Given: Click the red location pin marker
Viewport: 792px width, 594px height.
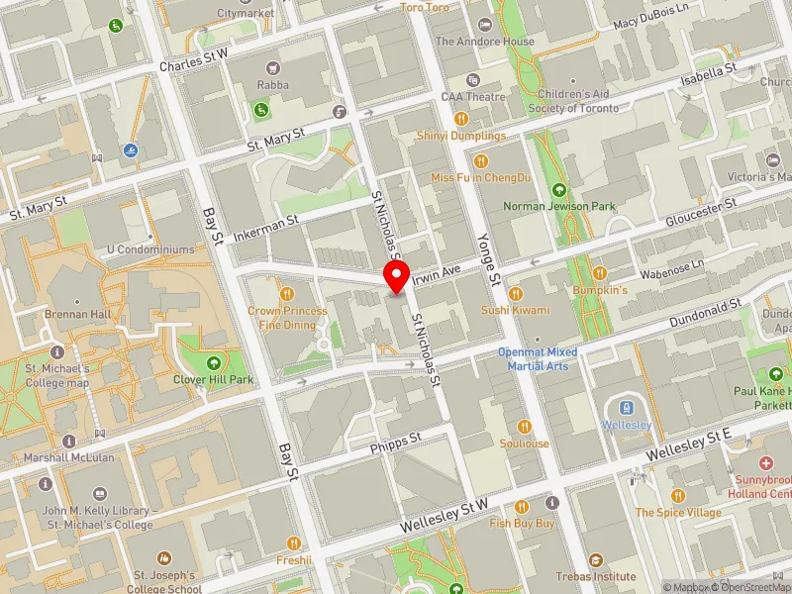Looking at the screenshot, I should tap(396, 277).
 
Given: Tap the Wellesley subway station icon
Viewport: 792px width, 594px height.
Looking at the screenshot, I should tap(625, 407).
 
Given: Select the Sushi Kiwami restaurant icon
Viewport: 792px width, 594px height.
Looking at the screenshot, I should tap(515, 293).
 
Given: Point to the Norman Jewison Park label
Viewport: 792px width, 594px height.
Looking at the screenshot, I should tap(559, 206).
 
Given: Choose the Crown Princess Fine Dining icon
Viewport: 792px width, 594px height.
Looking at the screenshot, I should tap(287, 293).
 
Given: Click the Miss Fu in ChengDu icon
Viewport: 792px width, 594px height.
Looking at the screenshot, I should tap(481, 160).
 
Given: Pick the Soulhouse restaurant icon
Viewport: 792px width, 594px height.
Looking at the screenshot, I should tap(525, 427).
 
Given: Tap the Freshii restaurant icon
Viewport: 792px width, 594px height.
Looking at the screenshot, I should tap(293, 543).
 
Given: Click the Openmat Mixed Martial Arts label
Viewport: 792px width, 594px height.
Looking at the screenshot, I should tap(537, 359).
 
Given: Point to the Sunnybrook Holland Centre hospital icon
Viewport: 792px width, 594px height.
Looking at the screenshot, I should tap(765, 463).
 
